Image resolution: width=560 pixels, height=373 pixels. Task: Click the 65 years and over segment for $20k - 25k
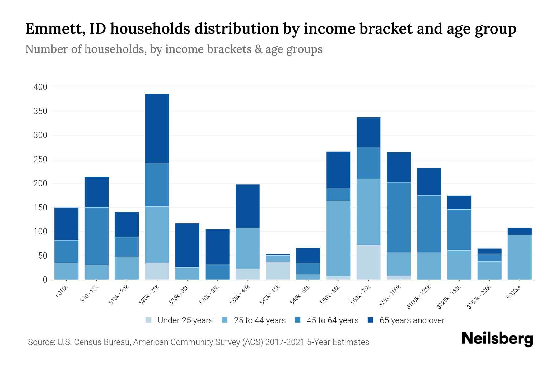point(157,128)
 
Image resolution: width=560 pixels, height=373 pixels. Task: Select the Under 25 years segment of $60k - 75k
point(368,262)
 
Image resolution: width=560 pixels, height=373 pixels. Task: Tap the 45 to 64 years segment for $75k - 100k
point(399,217)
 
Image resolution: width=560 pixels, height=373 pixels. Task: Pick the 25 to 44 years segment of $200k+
point(519,257)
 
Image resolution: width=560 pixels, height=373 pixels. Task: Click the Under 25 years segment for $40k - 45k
point(278,271)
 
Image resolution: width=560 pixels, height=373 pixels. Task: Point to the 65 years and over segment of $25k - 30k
point(187,245)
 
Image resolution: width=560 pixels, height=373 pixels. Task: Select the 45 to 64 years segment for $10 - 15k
point(96,236)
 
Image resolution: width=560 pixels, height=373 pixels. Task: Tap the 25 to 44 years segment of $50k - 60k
point(338,238)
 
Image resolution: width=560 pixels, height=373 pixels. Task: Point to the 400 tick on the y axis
point(40,87)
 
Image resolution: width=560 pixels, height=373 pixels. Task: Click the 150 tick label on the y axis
point(40,208)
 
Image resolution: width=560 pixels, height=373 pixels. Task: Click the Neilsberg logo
point(497,339)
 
